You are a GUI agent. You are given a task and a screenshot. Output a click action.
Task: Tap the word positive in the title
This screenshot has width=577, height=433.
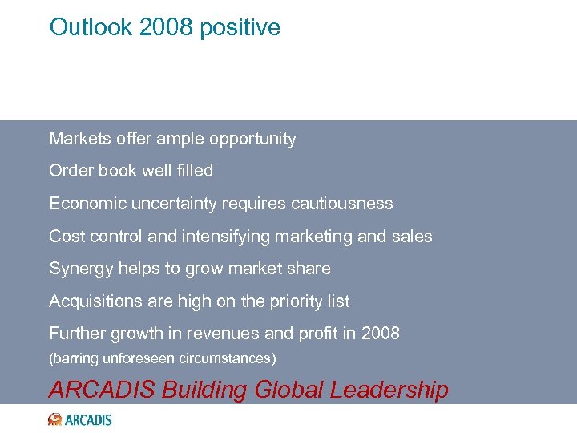tap(240, 28)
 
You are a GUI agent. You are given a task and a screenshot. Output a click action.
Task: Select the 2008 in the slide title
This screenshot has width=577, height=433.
tap(166, 27)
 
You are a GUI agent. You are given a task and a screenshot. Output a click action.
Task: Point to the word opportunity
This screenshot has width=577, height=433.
tap(252, 140)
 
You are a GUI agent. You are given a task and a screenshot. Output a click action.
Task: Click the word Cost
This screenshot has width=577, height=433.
tap(65, 237)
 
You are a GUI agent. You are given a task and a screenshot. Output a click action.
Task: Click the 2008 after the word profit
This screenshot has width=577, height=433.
tap(380, 334)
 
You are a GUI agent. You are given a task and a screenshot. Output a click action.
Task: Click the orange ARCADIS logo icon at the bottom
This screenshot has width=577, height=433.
tap(55, 419)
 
